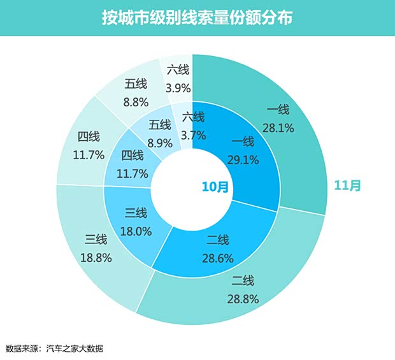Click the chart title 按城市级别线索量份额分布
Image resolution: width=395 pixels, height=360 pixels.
197,17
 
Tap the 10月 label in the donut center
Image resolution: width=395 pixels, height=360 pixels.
215,187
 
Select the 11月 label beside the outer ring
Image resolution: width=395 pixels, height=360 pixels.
348,185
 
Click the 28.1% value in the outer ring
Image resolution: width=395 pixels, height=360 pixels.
278,127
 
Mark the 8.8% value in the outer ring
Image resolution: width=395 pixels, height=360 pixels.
136,101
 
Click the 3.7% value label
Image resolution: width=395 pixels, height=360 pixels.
193,134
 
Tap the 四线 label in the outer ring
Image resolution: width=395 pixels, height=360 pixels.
89,137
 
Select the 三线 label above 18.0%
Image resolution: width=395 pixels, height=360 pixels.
136,213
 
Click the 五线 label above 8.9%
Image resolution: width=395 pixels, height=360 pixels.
159,124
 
